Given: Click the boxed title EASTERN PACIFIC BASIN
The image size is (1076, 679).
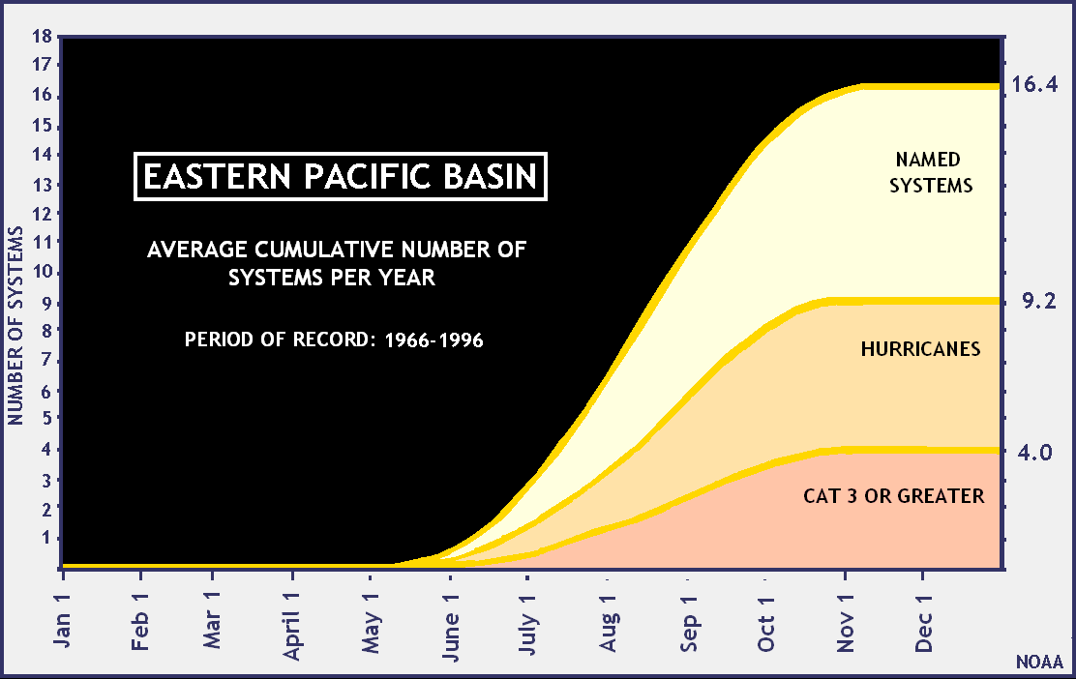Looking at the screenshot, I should pyautogui.click(x=340, y=177).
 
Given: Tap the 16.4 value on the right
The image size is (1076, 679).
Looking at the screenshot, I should pyautogui.click(x=1034, y=84).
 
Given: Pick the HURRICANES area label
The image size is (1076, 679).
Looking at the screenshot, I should pyautogui.click(x=920, y=349).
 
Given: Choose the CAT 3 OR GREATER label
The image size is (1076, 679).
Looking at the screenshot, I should pyautogui.click(x=893, y=496).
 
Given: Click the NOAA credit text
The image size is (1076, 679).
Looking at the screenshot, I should pyautogui.click(x=1039, y=663).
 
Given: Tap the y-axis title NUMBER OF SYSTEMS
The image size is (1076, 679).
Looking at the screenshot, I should pyautogui.click(x=15, y=325).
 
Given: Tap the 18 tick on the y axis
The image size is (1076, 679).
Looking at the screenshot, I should pyautogui.click(x=42, y=38).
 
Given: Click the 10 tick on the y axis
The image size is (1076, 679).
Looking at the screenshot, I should pyautogui.click(x=42, y=272).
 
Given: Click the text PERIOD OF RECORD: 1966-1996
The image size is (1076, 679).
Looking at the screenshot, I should pyautogui.click(x=333, y=340).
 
